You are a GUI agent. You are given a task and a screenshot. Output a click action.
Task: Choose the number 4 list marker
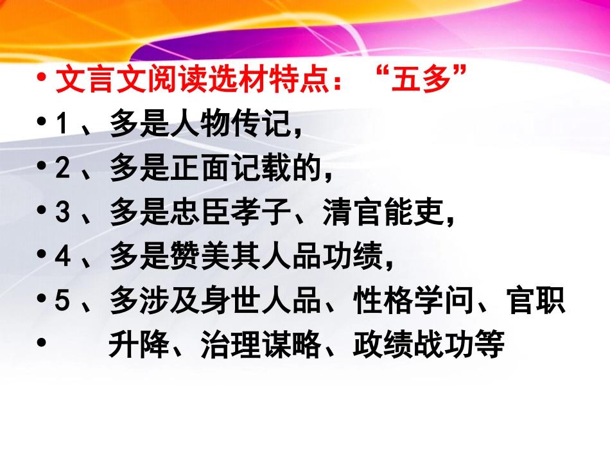coord(62,258)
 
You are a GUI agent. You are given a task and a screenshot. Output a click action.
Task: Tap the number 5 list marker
coord(62,303)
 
